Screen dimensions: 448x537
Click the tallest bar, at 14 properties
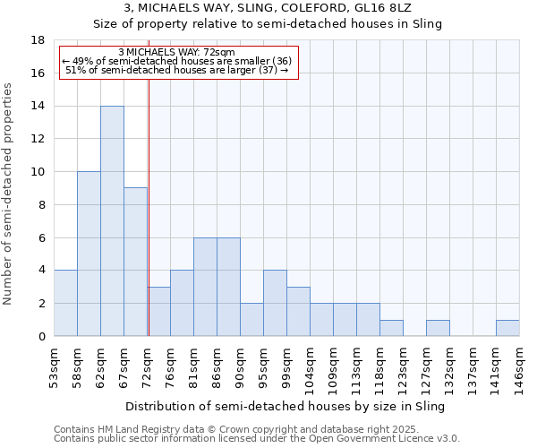click(112, 221)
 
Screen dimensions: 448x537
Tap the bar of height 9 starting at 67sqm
click(135, 262)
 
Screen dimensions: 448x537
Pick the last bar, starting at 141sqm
click(507, 328)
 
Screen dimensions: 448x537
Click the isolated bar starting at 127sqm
click(438, 328)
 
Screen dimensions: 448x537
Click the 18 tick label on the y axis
click(38, 40)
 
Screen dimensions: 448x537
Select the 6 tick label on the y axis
click(41, 237)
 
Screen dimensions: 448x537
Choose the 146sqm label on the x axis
click(520, 367)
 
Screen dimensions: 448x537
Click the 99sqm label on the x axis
click(287, 367)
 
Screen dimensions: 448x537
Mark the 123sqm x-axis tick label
click(404, 367)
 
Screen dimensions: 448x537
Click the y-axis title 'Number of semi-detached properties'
click(9, 194)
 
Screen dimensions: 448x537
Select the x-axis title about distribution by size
click(286, 406)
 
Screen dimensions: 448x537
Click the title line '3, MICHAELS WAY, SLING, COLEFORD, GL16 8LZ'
click(268, 8)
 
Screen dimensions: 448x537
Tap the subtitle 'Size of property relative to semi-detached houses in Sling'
click(268, 24)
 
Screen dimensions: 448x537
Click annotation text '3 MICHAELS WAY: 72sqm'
click(176, 52)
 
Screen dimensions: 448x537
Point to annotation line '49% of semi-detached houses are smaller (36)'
click(176, 61)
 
